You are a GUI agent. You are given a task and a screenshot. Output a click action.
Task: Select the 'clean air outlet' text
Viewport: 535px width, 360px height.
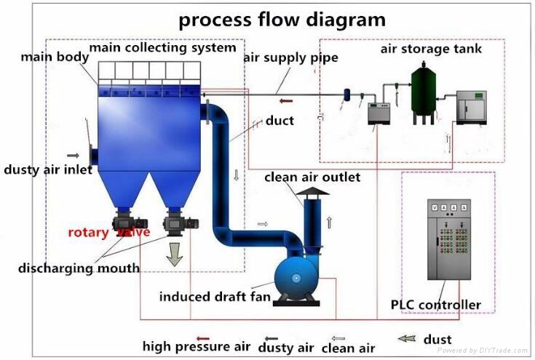312,177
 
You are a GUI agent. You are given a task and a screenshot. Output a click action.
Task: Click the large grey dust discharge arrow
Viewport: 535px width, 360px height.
174,254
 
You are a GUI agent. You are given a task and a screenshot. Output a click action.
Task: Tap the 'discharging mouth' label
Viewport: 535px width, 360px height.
79,268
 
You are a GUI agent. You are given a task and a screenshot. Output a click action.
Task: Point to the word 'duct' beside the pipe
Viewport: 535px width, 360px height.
280,120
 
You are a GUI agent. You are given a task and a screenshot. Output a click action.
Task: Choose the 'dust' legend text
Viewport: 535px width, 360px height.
437,339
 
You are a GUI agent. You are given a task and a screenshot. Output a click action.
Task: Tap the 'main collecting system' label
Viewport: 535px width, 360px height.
162,48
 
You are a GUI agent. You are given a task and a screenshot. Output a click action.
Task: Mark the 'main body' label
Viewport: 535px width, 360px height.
51,56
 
